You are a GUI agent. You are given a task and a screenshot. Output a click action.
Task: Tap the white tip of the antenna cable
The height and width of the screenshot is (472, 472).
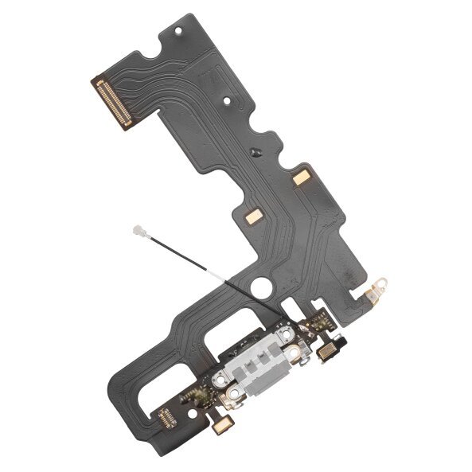click(x=135, y=232)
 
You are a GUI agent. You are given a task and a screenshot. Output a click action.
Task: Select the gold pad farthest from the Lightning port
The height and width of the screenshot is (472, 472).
click(x=301, y=179)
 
